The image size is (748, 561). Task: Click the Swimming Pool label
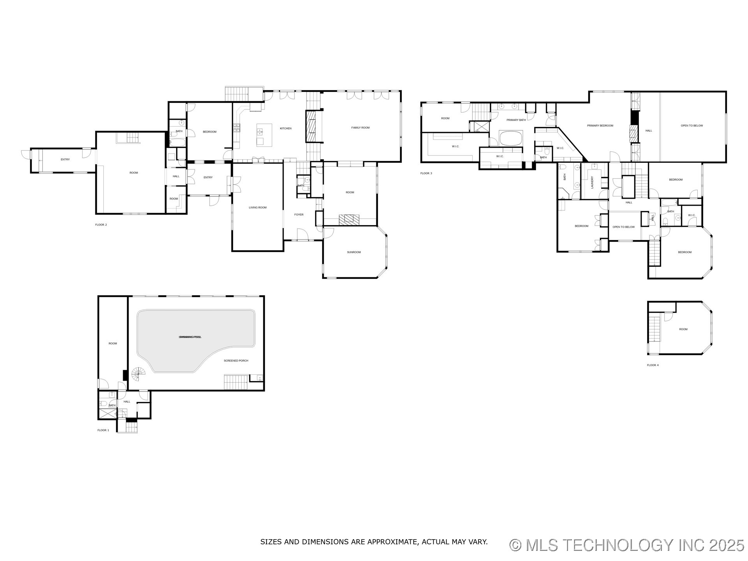point(190,337)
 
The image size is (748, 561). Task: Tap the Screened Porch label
point(236,361)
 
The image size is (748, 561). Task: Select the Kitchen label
point(286,129)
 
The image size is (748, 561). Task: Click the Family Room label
point(360,128)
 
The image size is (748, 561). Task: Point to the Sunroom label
point(354,252)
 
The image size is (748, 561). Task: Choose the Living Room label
point(258,208)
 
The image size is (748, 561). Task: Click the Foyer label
point(299,215)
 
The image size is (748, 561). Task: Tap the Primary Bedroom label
point(600,126)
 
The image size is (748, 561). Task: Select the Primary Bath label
point(516,120)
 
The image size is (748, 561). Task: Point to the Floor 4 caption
point(653,365)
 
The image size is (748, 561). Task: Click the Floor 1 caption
point(103,430)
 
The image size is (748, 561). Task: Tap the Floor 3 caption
point(426,173)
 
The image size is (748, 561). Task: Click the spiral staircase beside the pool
point(138,375)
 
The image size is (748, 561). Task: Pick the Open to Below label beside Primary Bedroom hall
point(692,126)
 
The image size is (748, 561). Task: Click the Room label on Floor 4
point(683,329)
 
